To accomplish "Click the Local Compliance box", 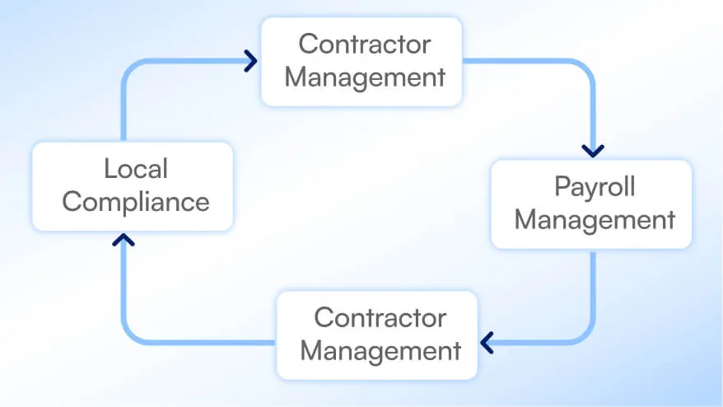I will (133, 185).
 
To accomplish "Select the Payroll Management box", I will (591, 203).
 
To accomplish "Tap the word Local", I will (136, 169).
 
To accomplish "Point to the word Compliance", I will (136, 202).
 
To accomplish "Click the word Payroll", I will (595, 186).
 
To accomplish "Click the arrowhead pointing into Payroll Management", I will (593, 151).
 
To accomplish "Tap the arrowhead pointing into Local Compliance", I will (124, 240).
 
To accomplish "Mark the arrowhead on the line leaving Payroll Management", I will (487, 342).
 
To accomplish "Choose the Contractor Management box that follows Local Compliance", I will (361, 61).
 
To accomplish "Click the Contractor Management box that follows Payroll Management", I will (377, 334).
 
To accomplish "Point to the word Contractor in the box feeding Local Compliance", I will (380, 317).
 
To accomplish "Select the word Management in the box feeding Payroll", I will (370, 77).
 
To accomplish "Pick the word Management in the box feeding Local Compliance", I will (380, 351).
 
